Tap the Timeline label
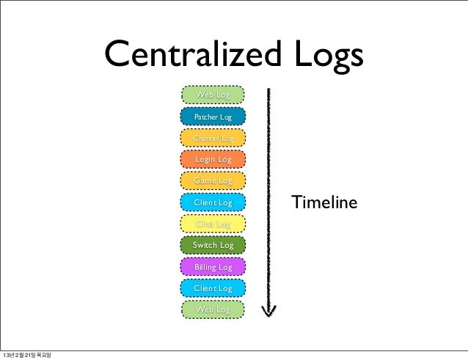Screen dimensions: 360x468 pos(324,202)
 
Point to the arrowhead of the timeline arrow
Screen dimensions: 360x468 pos(269,313)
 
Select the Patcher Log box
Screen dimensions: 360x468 pos(213,117)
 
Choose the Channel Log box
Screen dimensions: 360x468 pos(213,138)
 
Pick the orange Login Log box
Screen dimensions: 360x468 pos(213,159)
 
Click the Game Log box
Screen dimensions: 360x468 pos(213,180)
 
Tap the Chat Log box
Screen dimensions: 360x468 pos(213,224)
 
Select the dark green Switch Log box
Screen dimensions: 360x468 pos(213,245)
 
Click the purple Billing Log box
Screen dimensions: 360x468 pos(213,267)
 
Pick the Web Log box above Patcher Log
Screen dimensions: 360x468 pos(213,95)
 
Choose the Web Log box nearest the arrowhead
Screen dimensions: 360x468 pos(213,310)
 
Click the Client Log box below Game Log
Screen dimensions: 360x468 pos(213,202)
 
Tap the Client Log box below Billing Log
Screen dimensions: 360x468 pos(213,288)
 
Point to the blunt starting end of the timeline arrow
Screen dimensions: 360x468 pos(269,91)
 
